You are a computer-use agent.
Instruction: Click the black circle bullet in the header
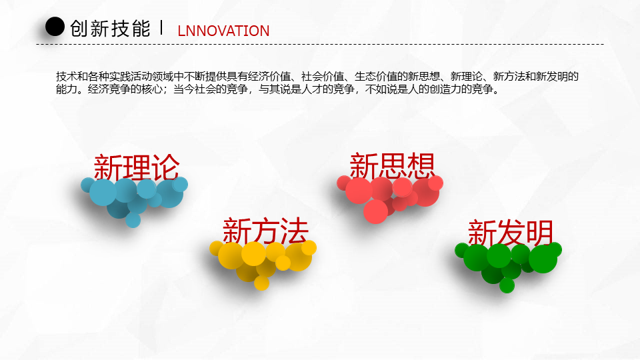click(x=55, y=27)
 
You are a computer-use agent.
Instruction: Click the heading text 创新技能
click(x=110, y=29)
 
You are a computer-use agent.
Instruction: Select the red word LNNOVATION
click(x=223, y=31)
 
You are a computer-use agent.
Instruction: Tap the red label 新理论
click(x=137, y=167)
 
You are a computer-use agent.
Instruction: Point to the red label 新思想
click(x=392, y=165)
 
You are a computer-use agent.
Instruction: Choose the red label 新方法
click(x=265, y=231)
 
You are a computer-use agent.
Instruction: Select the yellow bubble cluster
click(x=263, y=263)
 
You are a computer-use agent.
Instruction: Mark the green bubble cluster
click(x=508, y=265)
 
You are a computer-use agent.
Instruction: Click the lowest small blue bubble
click(x=133, y=220)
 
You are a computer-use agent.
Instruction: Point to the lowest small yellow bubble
click(x=261, y=283)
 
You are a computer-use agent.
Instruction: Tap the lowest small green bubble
click(x=507, y=285)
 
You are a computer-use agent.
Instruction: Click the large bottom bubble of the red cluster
click(x=375, y=211)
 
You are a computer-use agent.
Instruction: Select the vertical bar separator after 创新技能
click(x=161, y=27)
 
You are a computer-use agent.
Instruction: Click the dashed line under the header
click(x=320, y=44)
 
